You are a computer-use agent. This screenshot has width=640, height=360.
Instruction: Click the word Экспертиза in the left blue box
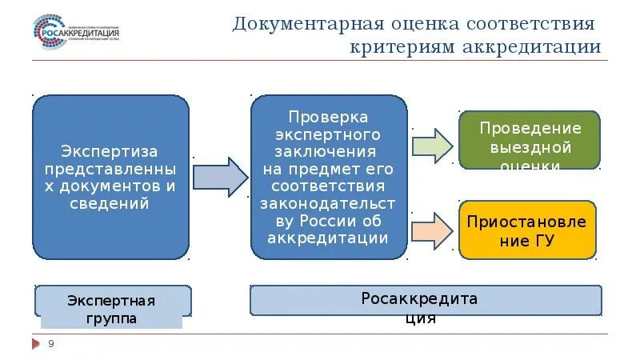[x=110, y=151]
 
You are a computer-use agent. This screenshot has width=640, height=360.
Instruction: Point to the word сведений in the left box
[x=110, y=203]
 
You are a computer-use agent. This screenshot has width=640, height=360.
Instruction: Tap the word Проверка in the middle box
[x=329, y=117]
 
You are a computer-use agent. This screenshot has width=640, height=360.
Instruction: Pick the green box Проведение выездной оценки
[x=529, y=141]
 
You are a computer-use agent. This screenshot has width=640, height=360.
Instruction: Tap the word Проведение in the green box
[x=530, y=128]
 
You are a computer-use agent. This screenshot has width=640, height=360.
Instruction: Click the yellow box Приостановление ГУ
[x=528, y=230]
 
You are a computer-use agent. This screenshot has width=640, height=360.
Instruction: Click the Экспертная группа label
[x=113, y=308]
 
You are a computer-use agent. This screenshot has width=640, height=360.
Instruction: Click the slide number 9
[x=51, y=344]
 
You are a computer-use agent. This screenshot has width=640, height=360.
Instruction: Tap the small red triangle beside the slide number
[x=35, y=344]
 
